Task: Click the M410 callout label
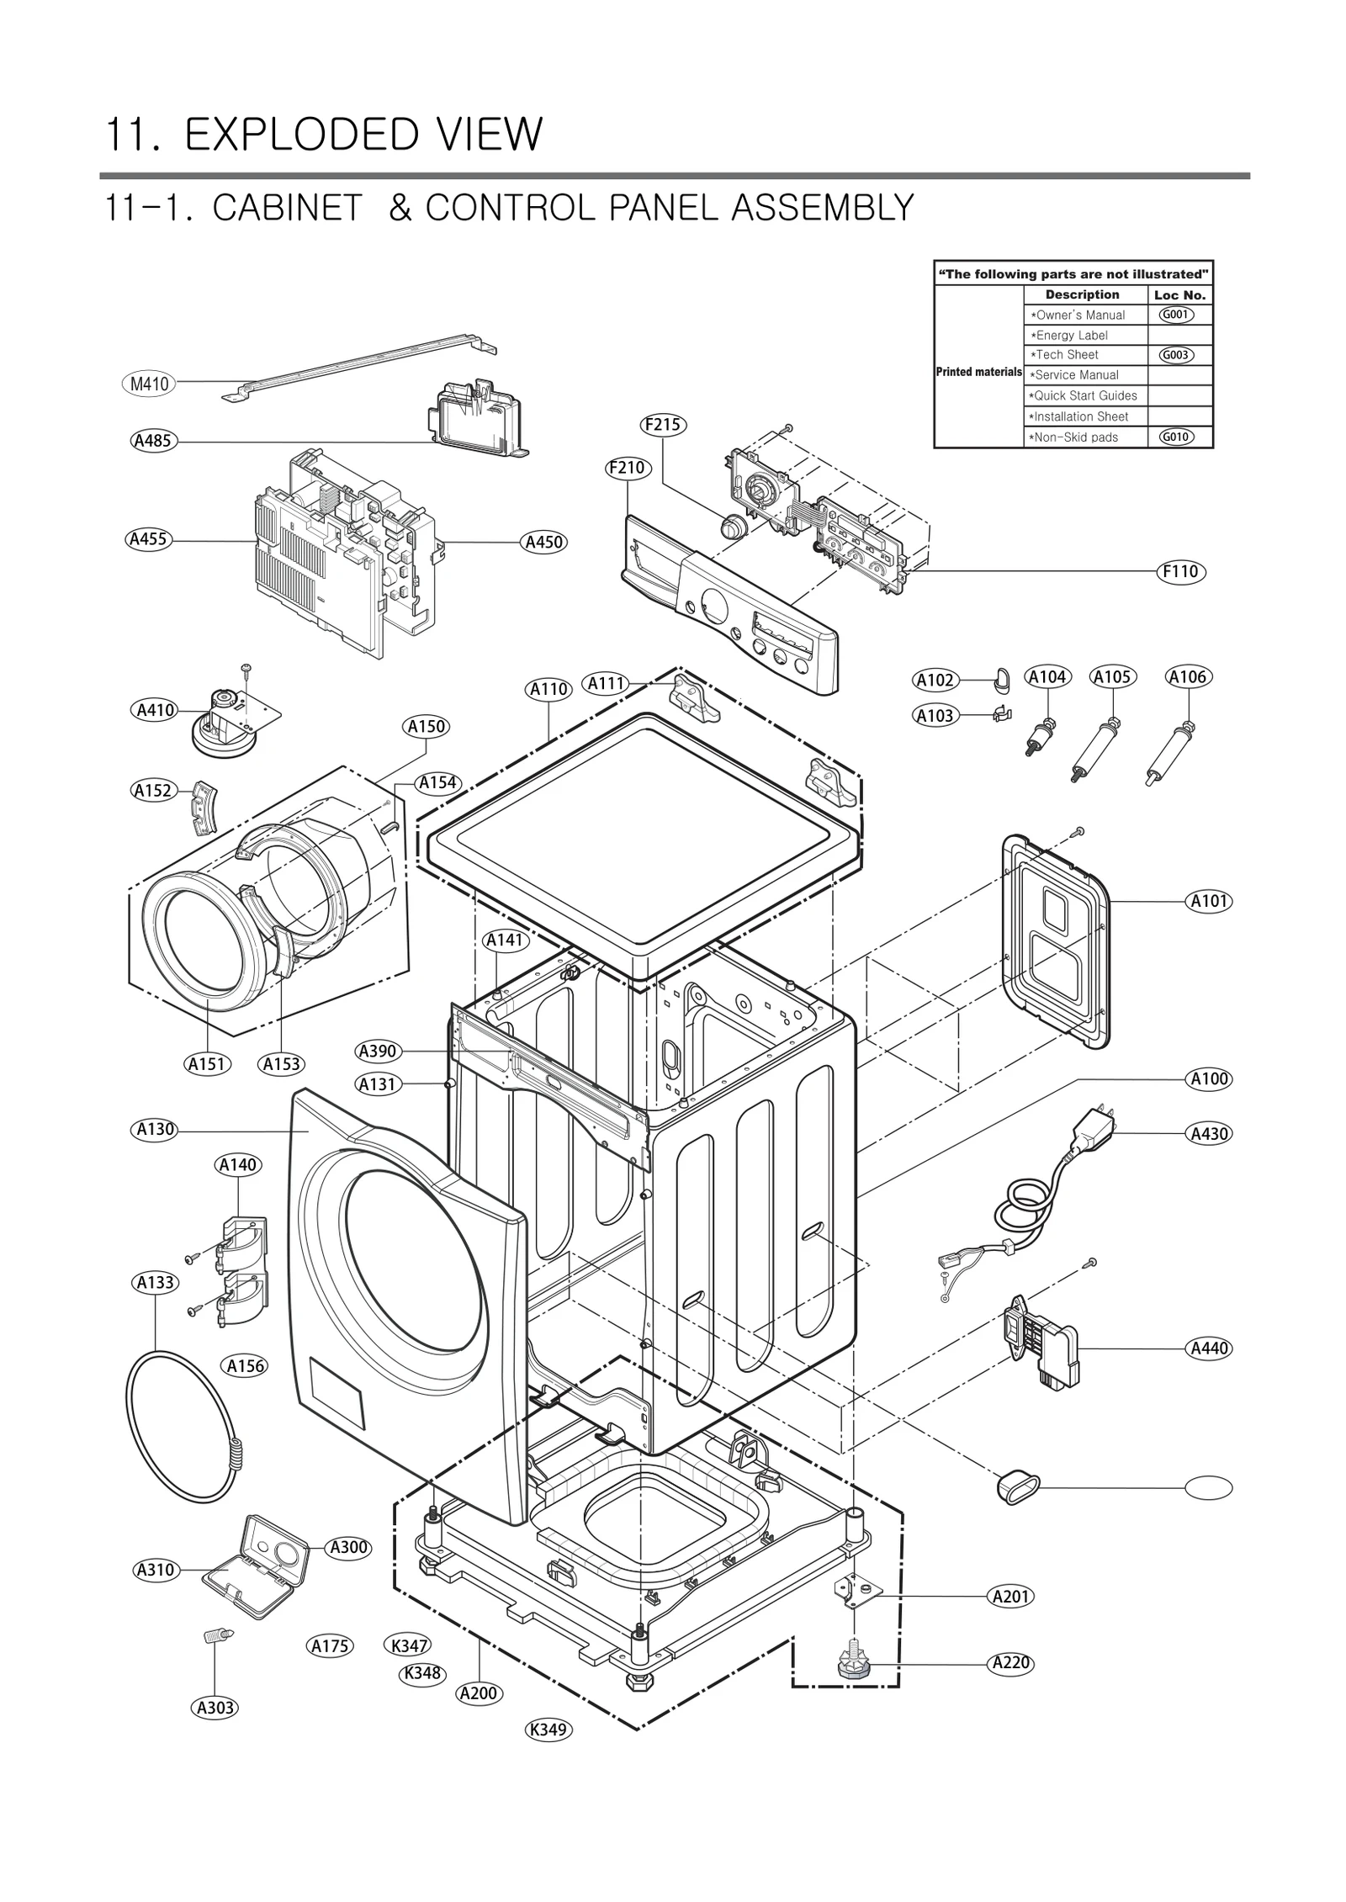pyautogui.click(x=150, y=384)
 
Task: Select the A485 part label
pyautogui.click(x=153, y=440)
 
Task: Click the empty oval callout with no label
pyautogui.click(x=1208, y=1488)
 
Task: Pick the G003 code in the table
pyautogui.click(x=1175, y=355)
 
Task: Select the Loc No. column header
pyautogui.click(x=1179, y=295)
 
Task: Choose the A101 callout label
pyautogui.click(x=1210, y=901)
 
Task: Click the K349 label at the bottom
pyautogui.click(x=548, y=1730)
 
